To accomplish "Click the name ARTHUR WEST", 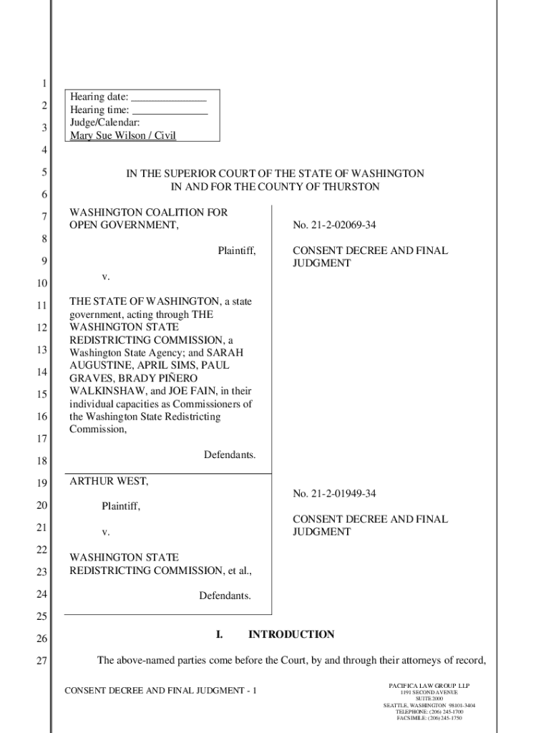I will [109, 482].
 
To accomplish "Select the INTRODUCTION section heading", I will [291, 634].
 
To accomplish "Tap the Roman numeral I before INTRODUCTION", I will [220, 634].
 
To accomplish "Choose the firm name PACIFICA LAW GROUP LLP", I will [429, 686].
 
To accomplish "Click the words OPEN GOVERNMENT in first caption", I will [122, 225].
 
